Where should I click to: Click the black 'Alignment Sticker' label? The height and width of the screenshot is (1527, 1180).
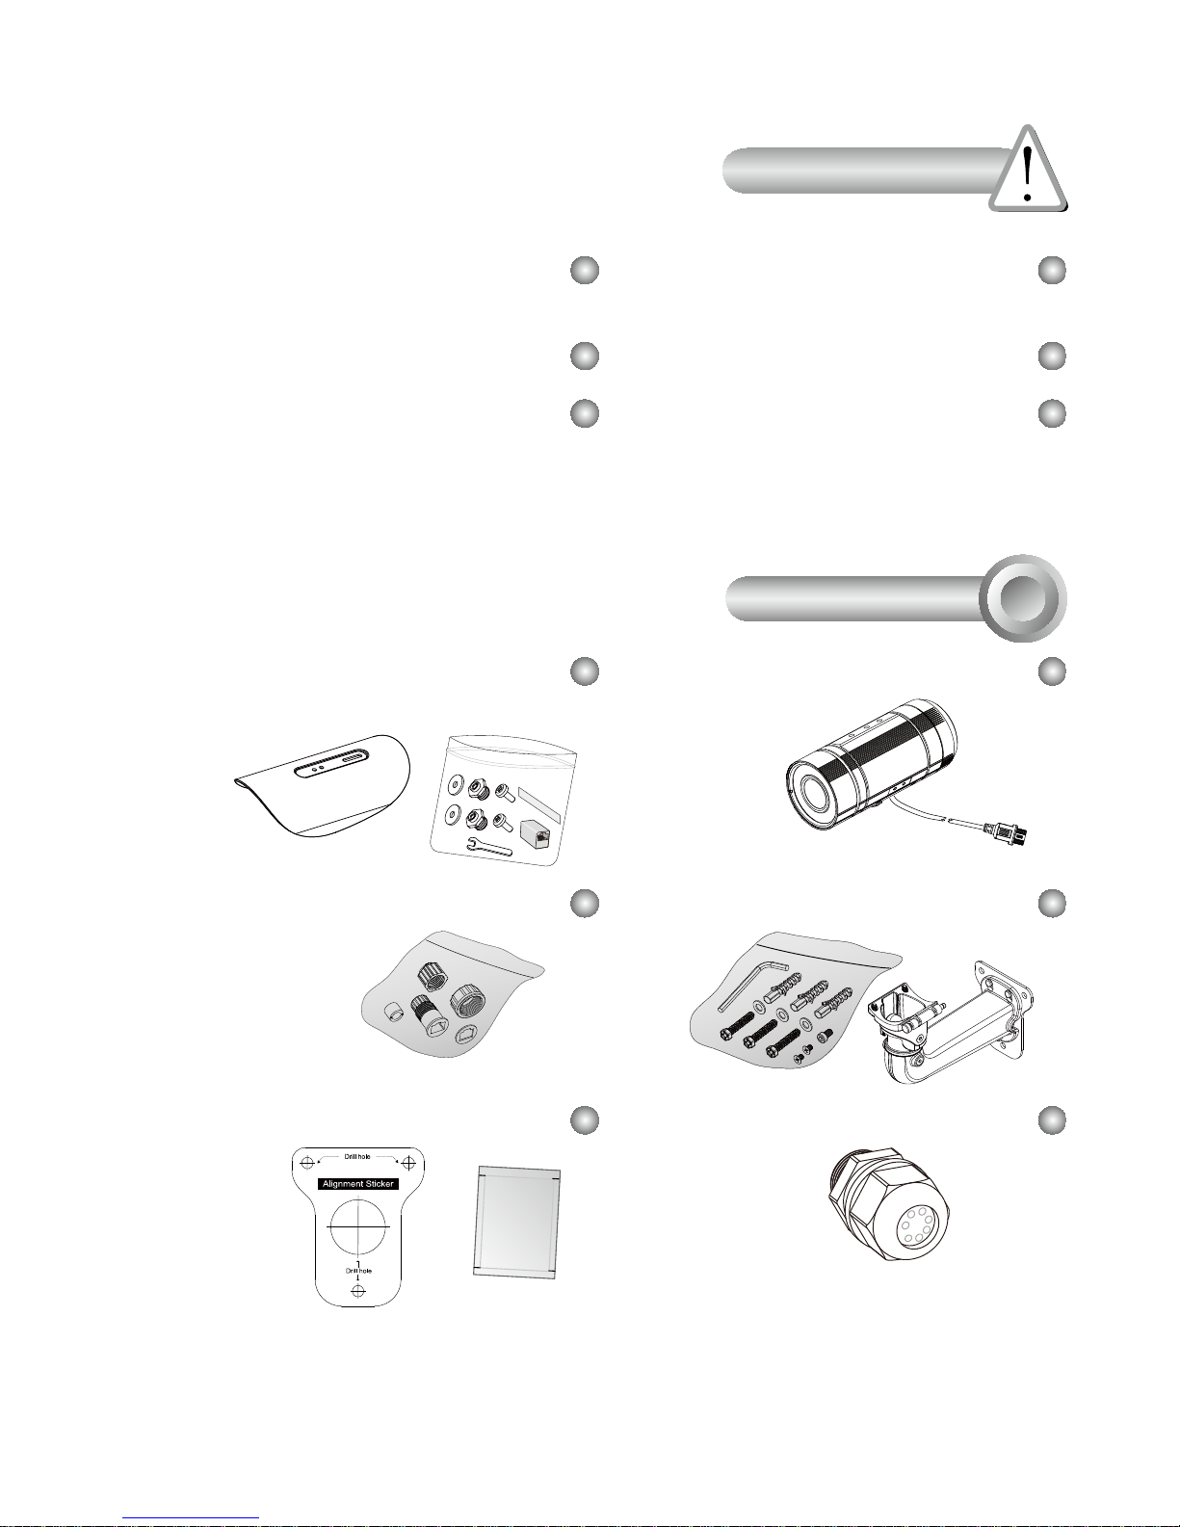coord(358,1183)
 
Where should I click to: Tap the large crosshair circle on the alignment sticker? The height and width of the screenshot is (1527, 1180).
coord(358,1226)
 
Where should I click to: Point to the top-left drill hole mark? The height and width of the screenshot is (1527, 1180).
coord(307,1163)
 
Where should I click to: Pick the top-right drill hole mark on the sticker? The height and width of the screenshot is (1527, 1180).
coord(408,1163)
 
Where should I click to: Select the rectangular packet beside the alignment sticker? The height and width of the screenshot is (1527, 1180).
coord(517,1222)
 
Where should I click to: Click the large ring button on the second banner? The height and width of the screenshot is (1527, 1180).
coord(1023,598)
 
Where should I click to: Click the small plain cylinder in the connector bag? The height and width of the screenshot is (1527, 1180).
coord(396,1014)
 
